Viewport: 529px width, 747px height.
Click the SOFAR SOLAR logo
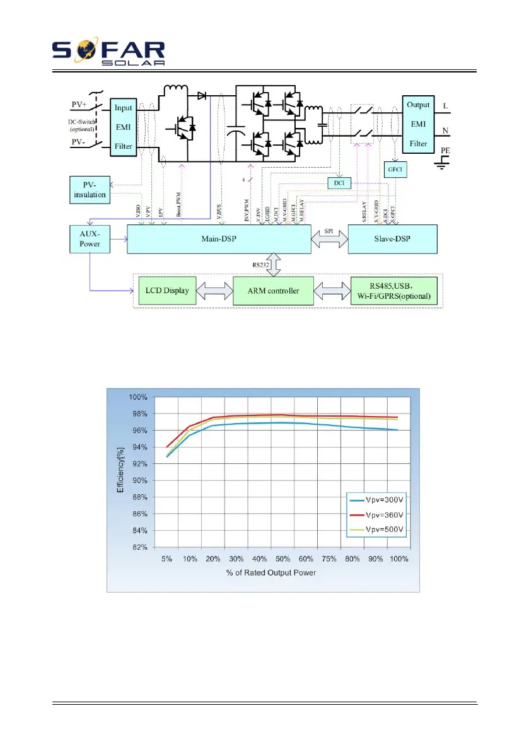click(x=108, y=54)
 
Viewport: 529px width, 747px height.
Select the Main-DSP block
click(x=219, y=238)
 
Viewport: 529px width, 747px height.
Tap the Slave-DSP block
click(x=392, y=238)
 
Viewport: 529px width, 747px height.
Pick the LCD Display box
click(x=166, y=291)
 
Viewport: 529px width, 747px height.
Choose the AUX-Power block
click(x=90, y=238)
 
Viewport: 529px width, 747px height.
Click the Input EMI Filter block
click(x=123, y=127)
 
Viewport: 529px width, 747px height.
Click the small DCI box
click(x=339, y=183)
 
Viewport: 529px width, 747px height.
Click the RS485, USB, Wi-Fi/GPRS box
click(x=393, y=291)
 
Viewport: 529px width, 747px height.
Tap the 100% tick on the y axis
click(x=139, y=397)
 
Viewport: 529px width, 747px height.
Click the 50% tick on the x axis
click(x=283, y=559)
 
